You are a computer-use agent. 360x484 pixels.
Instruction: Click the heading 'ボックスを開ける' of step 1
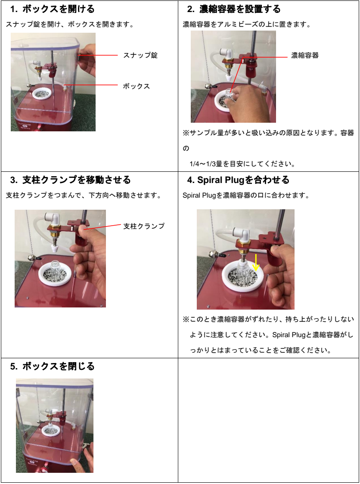(x=59, y=9)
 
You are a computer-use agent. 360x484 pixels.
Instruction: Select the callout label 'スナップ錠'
(x=140, y=55)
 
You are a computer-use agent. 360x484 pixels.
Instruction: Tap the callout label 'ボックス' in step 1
(x=137, y=86)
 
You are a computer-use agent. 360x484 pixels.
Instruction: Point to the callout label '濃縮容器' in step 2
(x=305, y=56)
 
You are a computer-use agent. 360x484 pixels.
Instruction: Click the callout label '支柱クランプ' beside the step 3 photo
(x=144, y=226)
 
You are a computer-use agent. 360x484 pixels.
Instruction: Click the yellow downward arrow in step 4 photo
(x=256, y=262)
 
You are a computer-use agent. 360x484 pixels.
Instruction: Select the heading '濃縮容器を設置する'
(x=240, y=9)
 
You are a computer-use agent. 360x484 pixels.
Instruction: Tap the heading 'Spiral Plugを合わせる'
(x=243, y=180)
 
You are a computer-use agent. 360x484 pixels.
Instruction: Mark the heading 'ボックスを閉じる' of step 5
(x=59, y=366)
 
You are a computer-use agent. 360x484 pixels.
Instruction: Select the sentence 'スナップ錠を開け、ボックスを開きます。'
(x=70, y=25)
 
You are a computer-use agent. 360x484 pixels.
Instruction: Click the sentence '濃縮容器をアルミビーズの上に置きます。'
(x=247, y=25)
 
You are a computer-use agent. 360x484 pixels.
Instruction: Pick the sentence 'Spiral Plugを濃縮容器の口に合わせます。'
(x=246, y=195)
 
